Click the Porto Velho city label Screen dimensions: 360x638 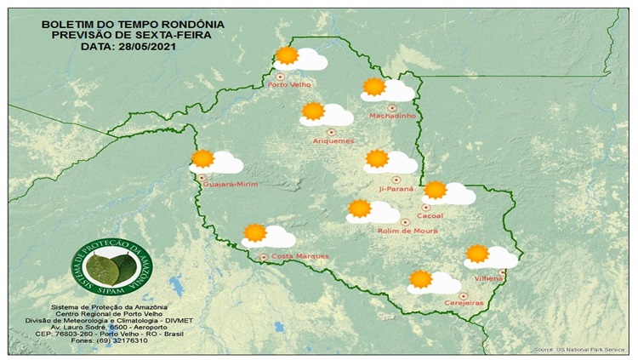pos(288,85)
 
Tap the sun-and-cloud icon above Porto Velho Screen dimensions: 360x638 pos(299,58)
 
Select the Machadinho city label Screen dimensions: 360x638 pos(390,116)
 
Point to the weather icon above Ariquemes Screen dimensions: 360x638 pos(327,113)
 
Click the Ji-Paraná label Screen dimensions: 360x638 pos(396,188)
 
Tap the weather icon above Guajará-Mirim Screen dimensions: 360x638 pos(215,161)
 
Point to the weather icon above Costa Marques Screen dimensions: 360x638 pos(267,235)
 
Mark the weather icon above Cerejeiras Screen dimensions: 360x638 pos(433,282)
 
